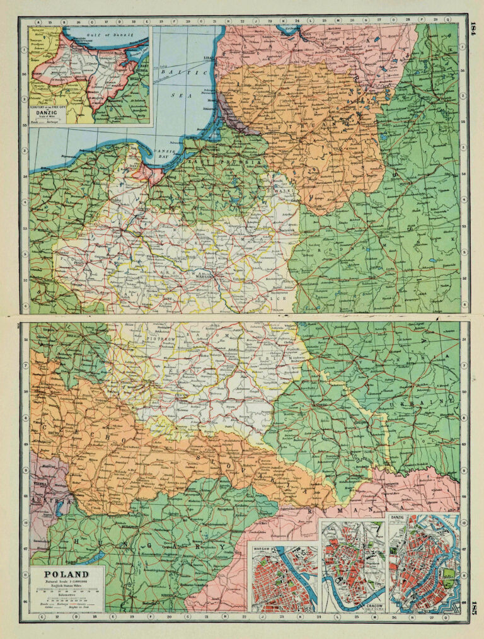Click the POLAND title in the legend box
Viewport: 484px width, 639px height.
66,574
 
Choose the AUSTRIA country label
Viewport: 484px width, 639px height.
42,496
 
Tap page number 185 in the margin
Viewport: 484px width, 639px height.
473,607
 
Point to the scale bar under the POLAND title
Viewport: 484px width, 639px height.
66,593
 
